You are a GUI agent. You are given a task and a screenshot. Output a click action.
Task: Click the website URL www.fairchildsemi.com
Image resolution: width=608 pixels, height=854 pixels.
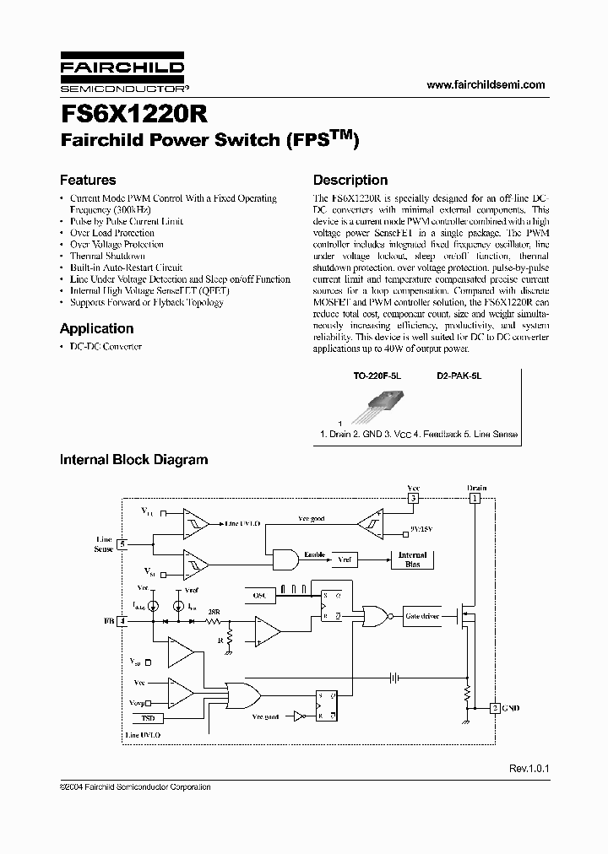[x=486, y=85]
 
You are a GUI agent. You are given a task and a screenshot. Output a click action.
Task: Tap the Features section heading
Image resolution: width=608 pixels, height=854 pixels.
[x=88, y=180]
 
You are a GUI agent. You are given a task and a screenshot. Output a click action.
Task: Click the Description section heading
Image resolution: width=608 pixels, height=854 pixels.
[x=350, y=180]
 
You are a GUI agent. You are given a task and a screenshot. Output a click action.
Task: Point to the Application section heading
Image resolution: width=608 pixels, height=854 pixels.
[x=96, y=328]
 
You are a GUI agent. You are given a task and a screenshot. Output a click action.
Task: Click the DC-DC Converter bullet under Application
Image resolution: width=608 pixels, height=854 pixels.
[x=106, y=347]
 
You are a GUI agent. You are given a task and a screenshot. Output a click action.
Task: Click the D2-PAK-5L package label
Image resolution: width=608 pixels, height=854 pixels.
[x=459, y=381]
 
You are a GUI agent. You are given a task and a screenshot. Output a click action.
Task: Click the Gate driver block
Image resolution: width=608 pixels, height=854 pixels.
[x=422, y=616]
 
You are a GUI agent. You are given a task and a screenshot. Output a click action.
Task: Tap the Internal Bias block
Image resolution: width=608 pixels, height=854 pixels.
[x=413, y=559]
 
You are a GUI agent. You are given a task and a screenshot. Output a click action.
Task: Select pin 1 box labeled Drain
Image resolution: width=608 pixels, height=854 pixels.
[x=475, y=499]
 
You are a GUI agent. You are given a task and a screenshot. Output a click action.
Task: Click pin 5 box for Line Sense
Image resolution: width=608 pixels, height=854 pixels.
[x=122, y=543]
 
